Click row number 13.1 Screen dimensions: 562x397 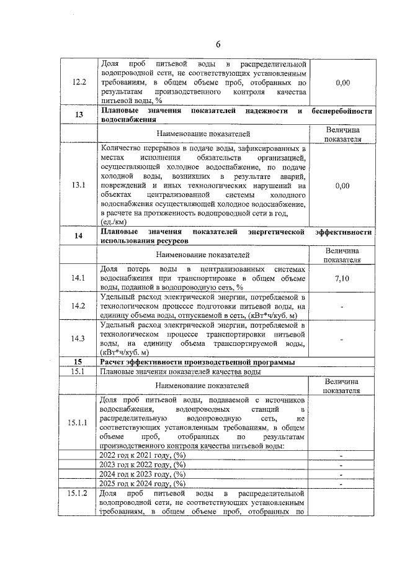point(79,185)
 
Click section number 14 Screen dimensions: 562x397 point(79,237)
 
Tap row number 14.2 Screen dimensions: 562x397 point(79,306)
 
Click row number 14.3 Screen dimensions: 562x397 point(79,338)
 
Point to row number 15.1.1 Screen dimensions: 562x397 point(79,423)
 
